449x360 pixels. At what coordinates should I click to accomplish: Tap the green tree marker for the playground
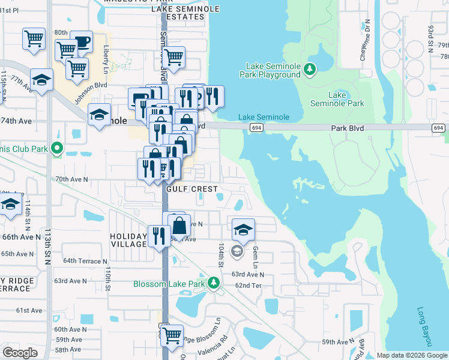[310, 70]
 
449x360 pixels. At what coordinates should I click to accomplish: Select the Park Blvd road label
[348, 128]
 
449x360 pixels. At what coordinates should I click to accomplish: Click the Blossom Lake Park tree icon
[212, 283]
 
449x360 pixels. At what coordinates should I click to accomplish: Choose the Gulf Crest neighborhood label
[192, 188]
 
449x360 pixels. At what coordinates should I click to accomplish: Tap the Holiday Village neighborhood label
[128, 240]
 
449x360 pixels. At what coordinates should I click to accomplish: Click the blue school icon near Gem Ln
[243, 229]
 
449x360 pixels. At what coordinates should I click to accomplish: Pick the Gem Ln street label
[255, 256]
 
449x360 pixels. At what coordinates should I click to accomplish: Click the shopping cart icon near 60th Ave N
[172, 335]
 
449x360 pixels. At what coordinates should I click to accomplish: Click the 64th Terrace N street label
[85, 261]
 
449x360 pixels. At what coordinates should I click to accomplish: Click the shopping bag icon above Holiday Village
[179, 226]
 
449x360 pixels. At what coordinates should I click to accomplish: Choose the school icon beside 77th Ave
[41, 80]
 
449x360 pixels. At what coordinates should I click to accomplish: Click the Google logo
[20, 352]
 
